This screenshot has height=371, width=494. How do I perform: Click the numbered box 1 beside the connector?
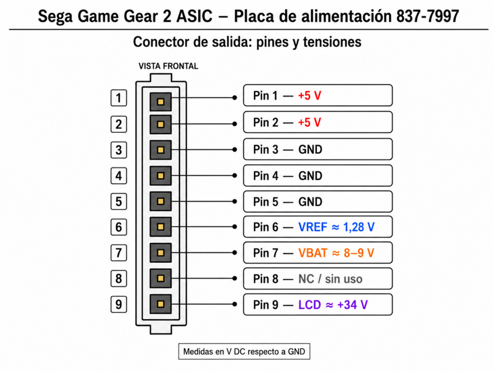(x=119, y=98)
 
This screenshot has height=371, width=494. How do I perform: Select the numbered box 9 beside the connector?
(x=119, y=304)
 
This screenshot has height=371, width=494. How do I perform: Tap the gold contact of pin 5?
(x=161, y=201)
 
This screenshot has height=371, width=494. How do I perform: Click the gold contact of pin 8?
(x=161, y=279)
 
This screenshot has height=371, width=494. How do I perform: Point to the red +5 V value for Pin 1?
(x=309, y=96)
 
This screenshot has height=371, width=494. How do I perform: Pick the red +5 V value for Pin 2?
(x=309, y=122)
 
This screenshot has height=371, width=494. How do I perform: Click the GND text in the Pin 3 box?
(x=310, y=150)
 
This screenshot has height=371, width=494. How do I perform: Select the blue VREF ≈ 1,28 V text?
(x=336, y=227)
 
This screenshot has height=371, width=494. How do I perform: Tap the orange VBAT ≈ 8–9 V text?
(x=336, y=253)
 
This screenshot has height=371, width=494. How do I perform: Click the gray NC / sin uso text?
(x=330, y=279)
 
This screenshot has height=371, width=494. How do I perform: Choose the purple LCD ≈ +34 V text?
(x=333, y=305)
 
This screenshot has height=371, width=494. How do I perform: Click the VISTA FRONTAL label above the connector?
(x=168, y=66)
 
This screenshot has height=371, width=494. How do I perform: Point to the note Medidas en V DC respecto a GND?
(x=244, y=352)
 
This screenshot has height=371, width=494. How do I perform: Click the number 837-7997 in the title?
(x=427, y=16)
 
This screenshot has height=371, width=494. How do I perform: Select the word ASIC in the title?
(x=194, y=16)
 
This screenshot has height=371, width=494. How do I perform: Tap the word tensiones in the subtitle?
(x=332, y=42)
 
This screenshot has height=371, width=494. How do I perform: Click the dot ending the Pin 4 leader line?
(x=235, y=175)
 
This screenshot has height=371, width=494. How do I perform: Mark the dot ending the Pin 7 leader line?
(x=235, y=253)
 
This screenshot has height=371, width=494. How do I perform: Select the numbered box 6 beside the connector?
(x=119, y=227)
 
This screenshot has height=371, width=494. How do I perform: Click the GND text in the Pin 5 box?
(x=310, y=202)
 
